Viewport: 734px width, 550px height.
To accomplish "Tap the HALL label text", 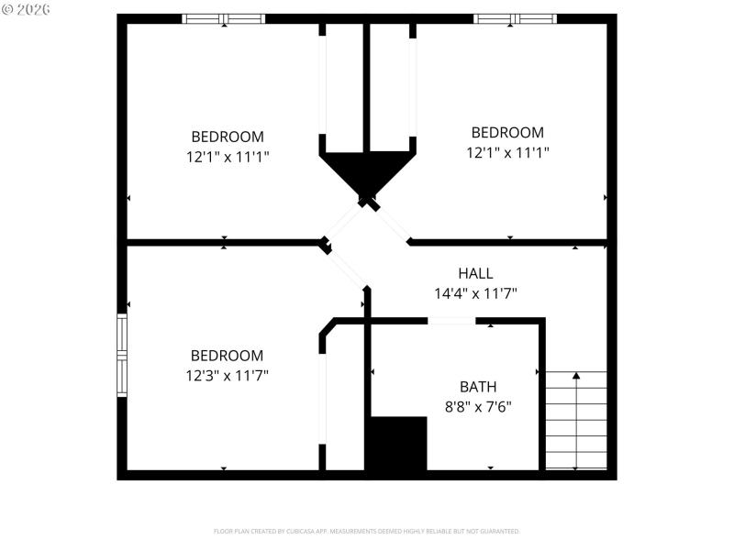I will coord(475,273).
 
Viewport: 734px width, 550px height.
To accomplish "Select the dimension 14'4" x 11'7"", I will coord(476,294).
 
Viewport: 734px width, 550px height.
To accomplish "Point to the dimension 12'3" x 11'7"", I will coord(227,375).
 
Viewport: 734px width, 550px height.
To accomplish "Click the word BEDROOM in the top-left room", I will coord(227,137).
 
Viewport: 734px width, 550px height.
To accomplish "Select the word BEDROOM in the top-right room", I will coord(506,133).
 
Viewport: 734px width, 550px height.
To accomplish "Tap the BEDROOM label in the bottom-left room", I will coord(227,356).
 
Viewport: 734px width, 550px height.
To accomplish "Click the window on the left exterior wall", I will coord(121,356).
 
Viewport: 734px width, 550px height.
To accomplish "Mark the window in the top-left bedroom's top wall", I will coord(224,18).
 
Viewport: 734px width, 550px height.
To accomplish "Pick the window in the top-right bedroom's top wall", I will coord(515,18).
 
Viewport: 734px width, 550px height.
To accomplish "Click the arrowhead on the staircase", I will coord(576,375).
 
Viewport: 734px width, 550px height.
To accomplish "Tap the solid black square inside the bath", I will coord(396,444).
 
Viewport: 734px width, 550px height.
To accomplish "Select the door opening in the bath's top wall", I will coord(451,321).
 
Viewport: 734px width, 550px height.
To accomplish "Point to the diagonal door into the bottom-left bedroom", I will coord(346,267).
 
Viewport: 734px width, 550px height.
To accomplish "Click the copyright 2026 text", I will coord(27,8).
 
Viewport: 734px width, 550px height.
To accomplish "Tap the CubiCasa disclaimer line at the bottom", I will coord(366,531).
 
